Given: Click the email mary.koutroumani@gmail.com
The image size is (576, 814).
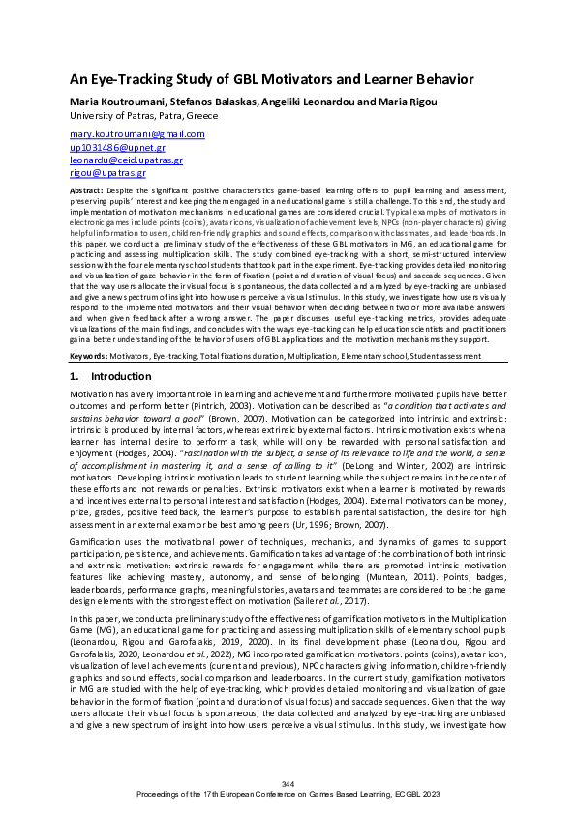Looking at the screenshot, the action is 136,134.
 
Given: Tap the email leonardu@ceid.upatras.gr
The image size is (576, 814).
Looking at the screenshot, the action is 126,160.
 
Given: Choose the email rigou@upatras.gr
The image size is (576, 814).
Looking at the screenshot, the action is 106,173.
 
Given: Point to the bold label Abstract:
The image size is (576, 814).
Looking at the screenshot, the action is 89,192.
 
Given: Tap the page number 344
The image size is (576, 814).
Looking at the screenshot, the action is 288,782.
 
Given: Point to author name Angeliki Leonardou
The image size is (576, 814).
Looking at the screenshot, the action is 305,102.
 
